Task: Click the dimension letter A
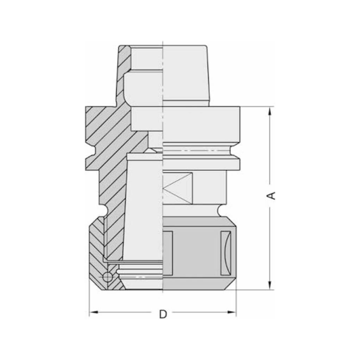pos(273,195)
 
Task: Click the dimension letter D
pos(163,314)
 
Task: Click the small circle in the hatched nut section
pos(107,277)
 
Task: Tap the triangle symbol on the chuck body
pos(177,188)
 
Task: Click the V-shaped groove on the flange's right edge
pos(236,153)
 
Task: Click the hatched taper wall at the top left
pos(123,72)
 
